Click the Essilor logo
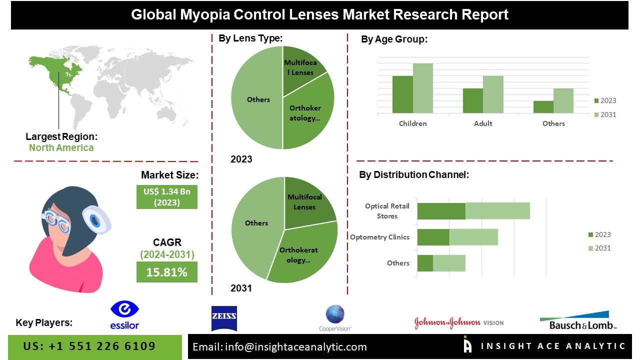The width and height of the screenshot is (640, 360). click(x=124, y=315)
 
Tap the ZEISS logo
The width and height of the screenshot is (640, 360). click(x=224, y=318)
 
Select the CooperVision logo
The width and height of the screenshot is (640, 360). click(x=335, y=318)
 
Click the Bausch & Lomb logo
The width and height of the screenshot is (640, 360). click(x=578, y=320)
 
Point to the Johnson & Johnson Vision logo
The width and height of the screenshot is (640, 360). click(x=458, y=322)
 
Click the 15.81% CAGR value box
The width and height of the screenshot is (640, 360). click(x=166, y=272)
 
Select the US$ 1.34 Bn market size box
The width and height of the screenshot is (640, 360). click(x=166, y=196)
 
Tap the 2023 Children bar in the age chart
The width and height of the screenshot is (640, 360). click(x=402, y=94)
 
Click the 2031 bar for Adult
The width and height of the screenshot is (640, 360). click(x=493, y=94)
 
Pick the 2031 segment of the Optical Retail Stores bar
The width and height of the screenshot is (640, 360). click(x=497, y=211)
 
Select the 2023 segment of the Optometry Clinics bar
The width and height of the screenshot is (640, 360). click(x=433, y=237)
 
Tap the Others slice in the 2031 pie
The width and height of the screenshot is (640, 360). click(x=255, y=225)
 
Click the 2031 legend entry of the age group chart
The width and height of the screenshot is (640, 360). click(x=604, y=114)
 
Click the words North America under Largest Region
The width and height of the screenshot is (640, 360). click(x=61, y=147)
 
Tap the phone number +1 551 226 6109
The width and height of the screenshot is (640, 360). click(x=89, y=346)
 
